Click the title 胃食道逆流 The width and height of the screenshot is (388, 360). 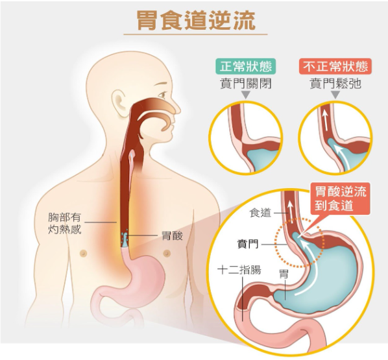coord(196,20)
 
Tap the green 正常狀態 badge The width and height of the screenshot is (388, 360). coord(246,66)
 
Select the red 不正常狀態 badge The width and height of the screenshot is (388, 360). coord(335,66)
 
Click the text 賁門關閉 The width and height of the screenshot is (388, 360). coord(246,84)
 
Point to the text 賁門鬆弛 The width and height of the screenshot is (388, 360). coord(335,84)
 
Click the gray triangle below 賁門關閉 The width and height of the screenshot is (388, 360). coord(246,95)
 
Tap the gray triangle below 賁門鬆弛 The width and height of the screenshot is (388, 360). coord(335,95)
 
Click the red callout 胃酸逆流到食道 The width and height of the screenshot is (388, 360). coord(340,198)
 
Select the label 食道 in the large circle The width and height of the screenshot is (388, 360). coord(260,213)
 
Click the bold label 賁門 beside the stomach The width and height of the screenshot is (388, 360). coord(248,244)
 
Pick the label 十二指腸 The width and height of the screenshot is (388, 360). coord(239,270)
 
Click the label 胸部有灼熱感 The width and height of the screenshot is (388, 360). coord(65,223)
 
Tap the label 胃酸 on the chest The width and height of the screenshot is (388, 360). coord(172,236)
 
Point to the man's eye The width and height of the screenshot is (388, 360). coord(162,95)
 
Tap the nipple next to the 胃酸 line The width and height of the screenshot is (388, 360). coord(167,253)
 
